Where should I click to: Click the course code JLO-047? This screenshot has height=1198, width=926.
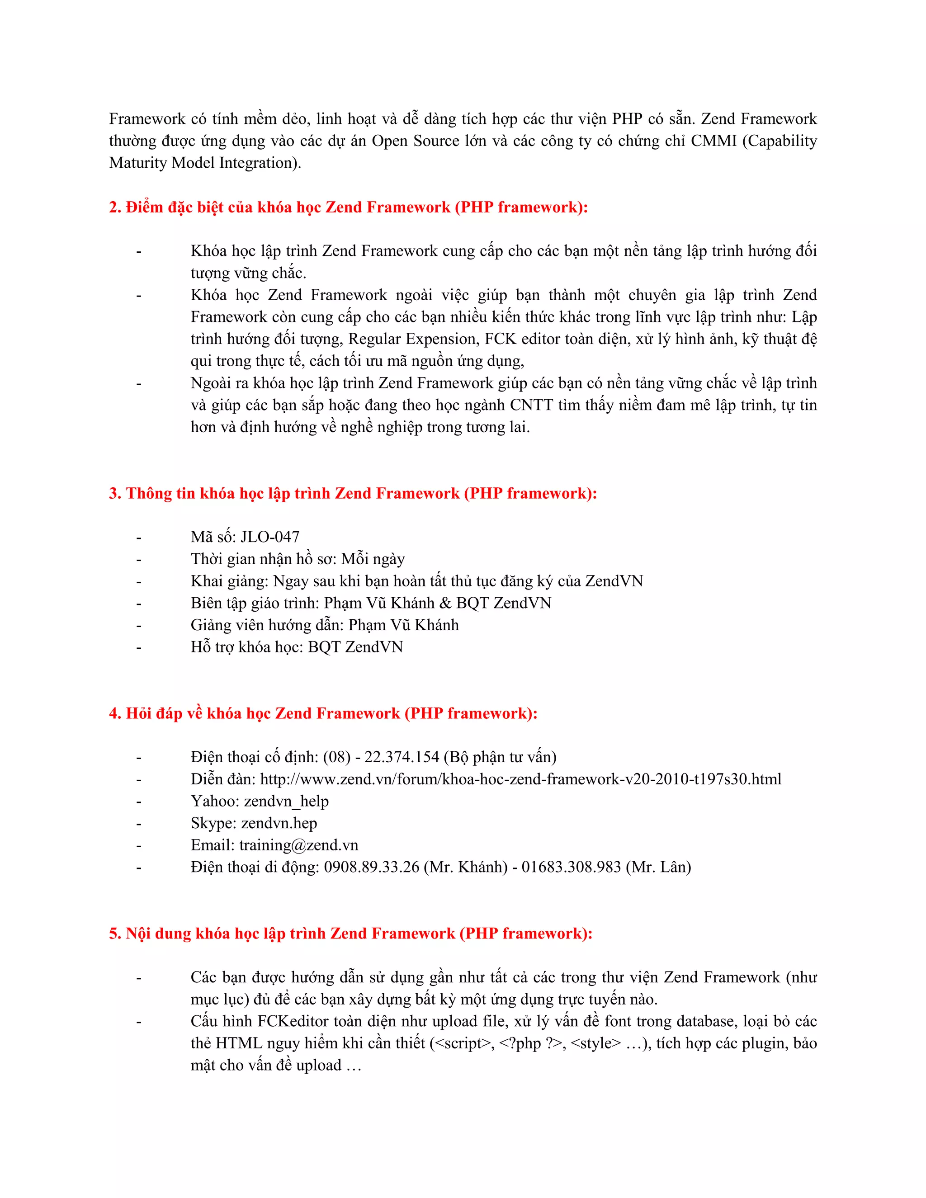click(270, 537)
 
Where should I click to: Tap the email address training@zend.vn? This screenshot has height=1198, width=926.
click(298, 845)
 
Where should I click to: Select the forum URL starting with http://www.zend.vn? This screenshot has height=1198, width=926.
click(520, 779)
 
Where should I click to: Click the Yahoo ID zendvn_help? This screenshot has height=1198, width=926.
click(286, 802)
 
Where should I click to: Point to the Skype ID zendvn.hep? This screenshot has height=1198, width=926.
click(279, 823)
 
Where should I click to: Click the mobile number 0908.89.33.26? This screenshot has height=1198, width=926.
click(371, 867)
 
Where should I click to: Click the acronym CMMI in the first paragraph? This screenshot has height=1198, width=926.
click(713, 141)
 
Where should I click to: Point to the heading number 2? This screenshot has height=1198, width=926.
click(115, 208)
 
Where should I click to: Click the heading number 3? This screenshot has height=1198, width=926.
click(115, 494)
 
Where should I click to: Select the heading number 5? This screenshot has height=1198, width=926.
click(115, 934)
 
